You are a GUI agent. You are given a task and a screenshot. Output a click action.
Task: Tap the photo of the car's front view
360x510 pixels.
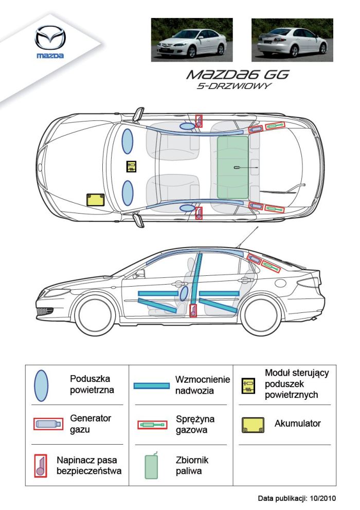(x=191, y=40)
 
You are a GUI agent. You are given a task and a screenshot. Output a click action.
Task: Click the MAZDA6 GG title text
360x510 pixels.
(x=237, y=74)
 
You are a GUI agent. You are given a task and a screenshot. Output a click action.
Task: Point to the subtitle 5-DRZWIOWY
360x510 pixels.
(x=234, y=86)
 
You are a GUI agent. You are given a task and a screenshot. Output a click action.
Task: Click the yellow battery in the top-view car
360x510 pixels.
(x=96, y=200)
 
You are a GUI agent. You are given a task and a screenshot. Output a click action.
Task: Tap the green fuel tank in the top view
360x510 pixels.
(x=232, y=167)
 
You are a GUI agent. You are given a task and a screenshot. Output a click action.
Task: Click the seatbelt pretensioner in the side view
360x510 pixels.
(x=193, y=310)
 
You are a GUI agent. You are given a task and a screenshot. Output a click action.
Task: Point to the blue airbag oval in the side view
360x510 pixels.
(x=184, y=293)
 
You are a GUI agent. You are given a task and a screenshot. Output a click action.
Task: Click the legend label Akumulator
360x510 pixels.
(x=297, y=424)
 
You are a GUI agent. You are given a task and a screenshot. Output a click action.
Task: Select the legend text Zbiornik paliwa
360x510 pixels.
(x=192, y=465)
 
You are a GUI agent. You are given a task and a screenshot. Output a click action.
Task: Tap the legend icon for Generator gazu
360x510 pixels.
(x=48, y=424)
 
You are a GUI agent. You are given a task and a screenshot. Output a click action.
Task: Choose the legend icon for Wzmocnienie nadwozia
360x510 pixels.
(x=151, y=385)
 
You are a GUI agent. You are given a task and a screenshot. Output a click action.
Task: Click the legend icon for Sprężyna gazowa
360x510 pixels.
(x=152, y=425)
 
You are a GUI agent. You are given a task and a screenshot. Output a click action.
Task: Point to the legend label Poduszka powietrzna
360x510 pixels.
(x=92, y=384)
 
